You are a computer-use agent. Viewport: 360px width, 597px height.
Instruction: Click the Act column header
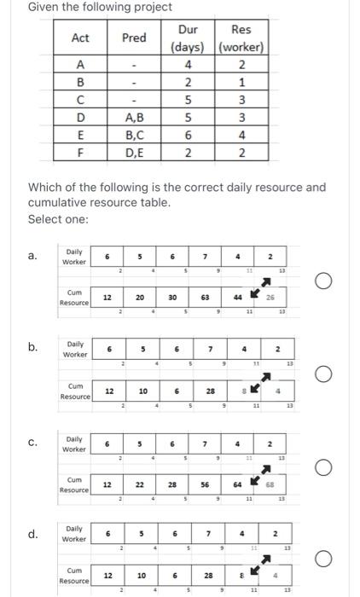click(81, 38)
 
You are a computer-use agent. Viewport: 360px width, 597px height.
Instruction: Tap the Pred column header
click(134, 38)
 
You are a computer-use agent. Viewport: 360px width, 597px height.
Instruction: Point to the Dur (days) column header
click(188, 38)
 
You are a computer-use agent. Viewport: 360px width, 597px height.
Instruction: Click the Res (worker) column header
click(241, 38)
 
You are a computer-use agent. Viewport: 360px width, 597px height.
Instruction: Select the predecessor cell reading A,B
click(134, 117)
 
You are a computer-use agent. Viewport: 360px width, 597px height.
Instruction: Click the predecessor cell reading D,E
click(134, 153)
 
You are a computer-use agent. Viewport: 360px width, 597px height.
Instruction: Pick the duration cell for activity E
click(188, 135)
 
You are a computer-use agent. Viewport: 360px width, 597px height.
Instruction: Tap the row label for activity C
click(81, 99)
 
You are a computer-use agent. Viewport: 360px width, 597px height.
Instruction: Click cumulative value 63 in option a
click(206, 298)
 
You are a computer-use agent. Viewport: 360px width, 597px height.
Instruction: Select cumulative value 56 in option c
click(206, 484)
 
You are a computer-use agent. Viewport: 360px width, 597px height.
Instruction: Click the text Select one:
click(55, 219)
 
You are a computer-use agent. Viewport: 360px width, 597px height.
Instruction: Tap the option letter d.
click(32, 535)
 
